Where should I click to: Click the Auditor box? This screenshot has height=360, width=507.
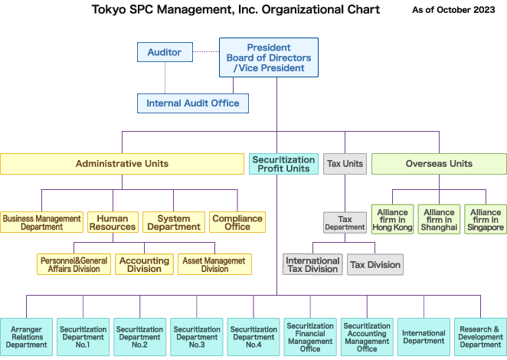click(x=165, y=52)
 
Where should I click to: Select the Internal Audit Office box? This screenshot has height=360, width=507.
click(x=193, y=103)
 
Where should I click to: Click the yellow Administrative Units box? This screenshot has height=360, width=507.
click(x=122, y=163)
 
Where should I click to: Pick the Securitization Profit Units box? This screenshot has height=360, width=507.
click(x=283, y=163)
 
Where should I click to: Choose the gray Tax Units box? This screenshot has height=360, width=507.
click(x=345, y=163)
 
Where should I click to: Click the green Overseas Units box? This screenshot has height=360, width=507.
click(x=439, y=163)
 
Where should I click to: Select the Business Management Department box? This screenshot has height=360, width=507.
click(x=41, y=222)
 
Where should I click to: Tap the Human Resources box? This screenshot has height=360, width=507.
click(x=113, y=222)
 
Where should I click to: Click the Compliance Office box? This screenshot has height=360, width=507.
click(x=237, y=222)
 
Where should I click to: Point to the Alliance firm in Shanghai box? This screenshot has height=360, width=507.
click(x=439, y=219)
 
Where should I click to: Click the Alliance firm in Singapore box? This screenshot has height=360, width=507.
click(x=486, y=219)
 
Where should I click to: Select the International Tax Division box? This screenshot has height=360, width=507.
click(x=312, y=264)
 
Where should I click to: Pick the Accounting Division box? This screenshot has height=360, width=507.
click(x=144, y=264)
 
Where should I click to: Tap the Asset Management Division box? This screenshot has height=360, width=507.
click(x=214, y=264)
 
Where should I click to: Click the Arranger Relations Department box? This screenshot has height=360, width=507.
click(x=27, y=338)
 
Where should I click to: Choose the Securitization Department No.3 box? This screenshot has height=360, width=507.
click(x=197, y=338)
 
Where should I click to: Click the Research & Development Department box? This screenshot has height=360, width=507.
click(x=480, y=338)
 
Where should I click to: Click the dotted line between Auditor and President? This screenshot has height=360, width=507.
click(x=205, y=51)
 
